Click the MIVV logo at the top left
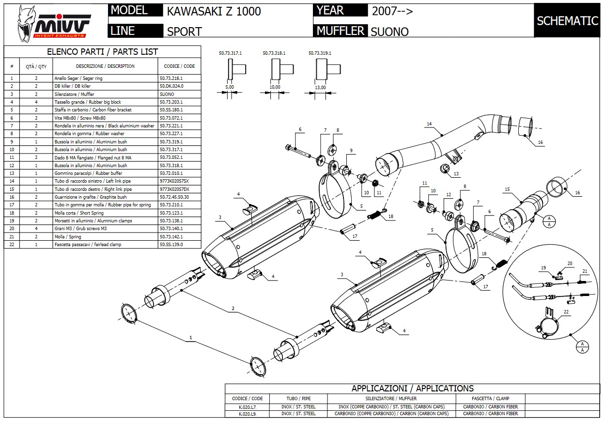(x=54, y=22)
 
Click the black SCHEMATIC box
(x=567, y=20)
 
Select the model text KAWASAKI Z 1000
(x=214, y=12)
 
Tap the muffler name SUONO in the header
(x=389, y=32)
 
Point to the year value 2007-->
(x=392, y=11)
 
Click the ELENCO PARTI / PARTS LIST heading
(x=102, y=52)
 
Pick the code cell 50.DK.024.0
(x=171, y=86)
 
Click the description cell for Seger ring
(x=78, y=78)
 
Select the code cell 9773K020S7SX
(x=174, y=181)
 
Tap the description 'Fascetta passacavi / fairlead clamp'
(x=88, y=245)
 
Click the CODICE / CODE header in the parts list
(x=179, y=66)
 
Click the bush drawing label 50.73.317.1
(x=230, y=53)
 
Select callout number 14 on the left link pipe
(x=429, y=125)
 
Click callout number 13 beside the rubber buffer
(x=457, y=173)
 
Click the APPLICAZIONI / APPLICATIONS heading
(x=412, y=389)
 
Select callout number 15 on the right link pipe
(x=507, y=189)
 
